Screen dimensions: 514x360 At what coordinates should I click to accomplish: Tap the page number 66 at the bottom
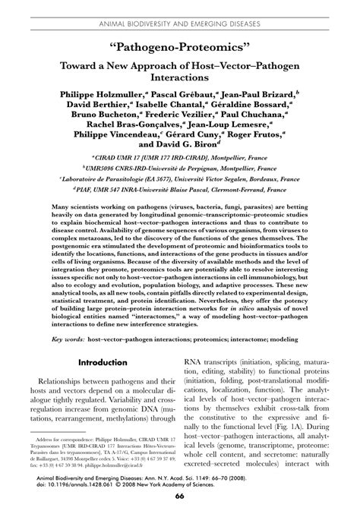click(x=180, y=497)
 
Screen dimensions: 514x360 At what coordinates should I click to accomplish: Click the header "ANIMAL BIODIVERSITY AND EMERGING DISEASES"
click(x=180, y=7)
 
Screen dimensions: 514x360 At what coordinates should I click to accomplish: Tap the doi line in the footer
click(x=122, y=483)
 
